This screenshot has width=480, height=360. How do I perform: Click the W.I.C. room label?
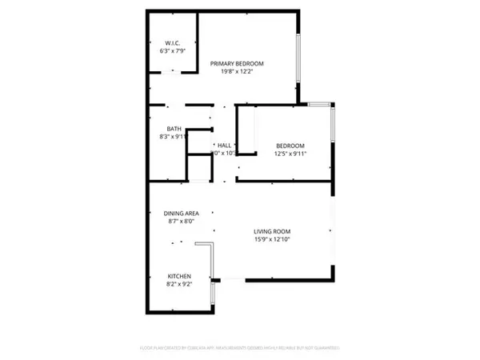click(x=174, y=43)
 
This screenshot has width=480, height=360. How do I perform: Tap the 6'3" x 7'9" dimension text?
click(x=174, y=51)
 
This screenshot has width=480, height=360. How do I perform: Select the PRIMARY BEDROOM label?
click(x=237, y=63)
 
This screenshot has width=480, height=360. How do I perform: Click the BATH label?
click(x=174, y=129)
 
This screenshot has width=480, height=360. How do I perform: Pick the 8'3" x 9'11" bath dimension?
click(x=174, y=137)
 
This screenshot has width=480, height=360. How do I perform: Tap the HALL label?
click(x=225, y=144)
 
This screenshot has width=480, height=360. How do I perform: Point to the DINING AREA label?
click(x=181, y=213)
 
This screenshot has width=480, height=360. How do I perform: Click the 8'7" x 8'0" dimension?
click(x=181, y=221)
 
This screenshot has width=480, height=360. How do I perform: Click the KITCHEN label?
click(x=178, y=276)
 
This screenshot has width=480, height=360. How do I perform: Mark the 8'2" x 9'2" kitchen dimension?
click(x=178, y=284)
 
